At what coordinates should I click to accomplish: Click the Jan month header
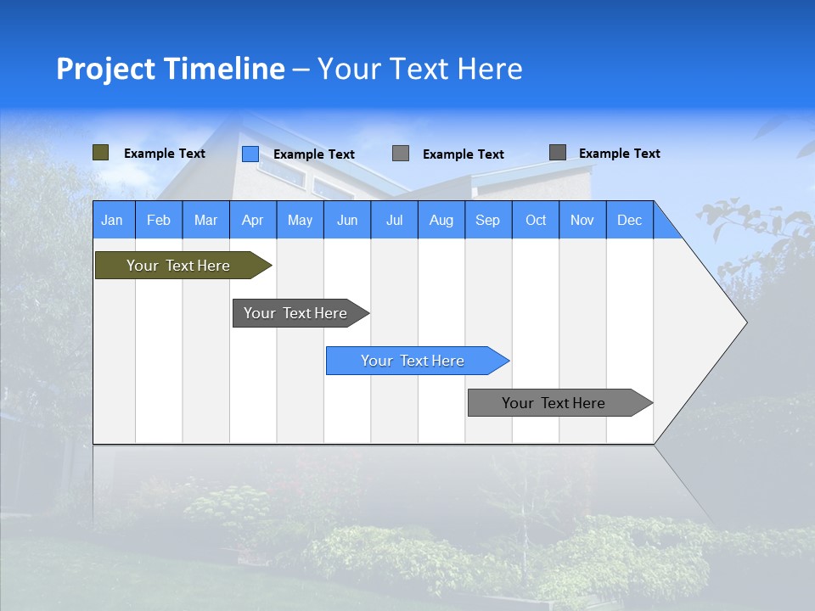(112, 220)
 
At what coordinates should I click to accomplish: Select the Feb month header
(159, 220)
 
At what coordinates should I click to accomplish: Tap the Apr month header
(252, 220)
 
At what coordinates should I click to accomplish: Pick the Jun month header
(347, 220)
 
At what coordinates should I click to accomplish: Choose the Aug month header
(441, 220)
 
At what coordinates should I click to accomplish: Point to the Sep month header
(487, 220)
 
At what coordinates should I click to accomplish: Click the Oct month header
(536, 220)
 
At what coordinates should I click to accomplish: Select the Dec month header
(629, 220)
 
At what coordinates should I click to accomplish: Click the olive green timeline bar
(178, 266)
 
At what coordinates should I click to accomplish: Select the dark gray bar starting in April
(295, 313)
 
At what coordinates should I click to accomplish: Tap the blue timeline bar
(413, 361)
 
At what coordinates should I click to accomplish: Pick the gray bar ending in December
(554, 403)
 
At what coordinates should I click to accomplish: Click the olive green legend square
(101, 153)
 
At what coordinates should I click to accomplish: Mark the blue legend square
(250, 154)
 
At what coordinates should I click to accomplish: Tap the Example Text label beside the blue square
(313, 154)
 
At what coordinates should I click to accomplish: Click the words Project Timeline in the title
(170, 69)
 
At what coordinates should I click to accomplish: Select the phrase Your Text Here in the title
(419, 69)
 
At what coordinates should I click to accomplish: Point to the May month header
(300, 220)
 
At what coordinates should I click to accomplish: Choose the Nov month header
(582, 220)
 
